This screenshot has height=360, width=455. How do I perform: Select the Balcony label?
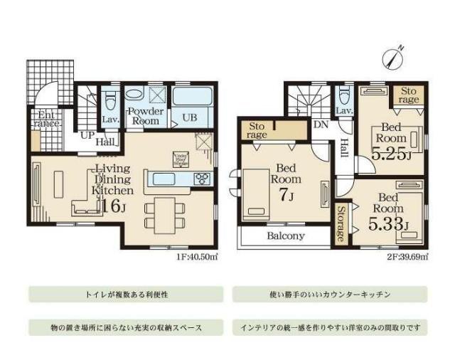[286, 236]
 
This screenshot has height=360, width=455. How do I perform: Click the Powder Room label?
[145, 116]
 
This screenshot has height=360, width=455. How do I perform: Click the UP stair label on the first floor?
[87, 134]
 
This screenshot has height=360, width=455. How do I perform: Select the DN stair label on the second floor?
[321, 124]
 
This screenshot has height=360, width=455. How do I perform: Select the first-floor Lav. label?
[110, 120]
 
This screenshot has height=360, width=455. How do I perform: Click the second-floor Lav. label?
[343, 112]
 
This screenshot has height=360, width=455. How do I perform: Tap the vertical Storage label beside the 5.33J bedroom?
[341, 223]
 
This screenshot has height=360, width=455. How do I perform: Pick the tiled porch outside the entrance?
[50, 81]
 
